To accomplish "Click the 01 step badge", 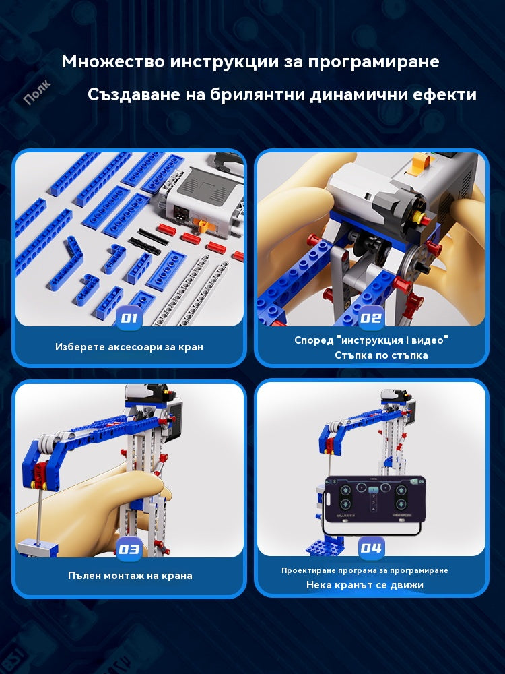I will tap(129, 317).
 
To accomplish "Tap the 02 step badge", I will tap(371, 317).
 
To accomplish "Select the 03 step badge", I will tap(129, 549).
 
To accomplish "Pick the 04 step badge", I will tap(371, 549).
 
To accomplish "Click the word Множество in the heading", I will tap(112, 61).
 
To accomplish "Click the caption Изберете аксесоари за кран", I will tap(129, 347).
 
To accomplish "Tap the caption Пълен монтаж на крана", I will tap(130, 576).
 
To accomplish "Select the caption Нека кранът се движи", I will tap(365, 585).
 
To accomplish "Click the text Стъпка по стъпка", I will tap(380, 355).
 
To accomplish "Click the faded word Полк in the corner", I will tap(37, 93).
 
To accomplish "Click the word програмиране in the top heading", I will tap(374, 61).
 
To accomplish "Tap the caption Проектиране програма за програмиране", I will tap(364, 570).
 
